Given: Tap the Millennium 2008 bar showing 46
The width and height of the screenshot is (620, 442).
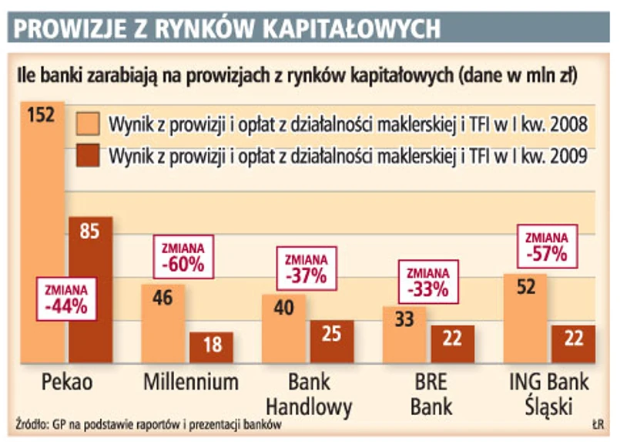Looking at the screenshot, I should (x=163, y=324).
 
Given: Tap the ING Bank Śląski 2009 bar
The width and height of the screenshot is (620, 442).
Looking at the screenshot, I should (x=573, y=343).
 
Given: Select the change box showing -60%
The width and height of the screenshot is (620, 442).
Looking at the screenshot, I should (x=183, y=258).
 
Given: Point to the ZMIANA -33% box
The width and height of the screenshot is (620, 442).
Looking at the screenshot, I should (x=427, y=282).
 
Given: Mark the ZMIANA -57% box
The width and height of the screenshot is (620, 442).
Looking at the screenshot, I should (x=548, y=245).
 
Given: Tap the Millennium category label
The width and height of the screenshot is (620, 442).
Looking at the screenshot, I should (x=191, y=382).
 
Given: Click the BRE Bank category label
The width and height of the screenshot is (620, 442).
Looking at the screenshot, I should (x=431, y=393).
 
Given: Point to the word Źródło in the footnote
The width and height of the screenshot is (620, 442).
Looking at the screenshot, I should (x=32, y=425).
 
